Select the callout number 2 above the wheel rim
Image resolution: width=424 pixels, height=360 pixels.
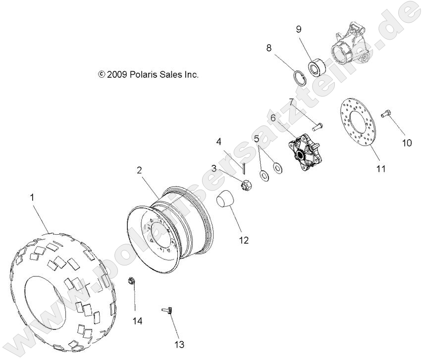tap(140, 170)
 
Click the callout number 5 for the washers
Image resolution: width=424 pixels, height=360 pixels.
tap(256, 139)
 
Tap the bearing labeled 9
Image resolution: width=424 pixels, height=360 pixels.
tap(316, 67)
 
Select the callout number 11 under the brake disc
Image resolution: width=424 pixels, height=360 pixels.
tap(380, 168)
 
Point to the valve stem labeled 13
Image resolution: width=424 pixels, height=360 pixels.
tap(168, 310)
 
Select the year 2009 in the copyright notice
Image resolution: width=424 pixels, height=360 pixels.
tap(117, 75)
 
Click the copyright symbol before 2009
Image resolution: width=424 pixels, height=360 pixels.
tap(102, 75)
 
